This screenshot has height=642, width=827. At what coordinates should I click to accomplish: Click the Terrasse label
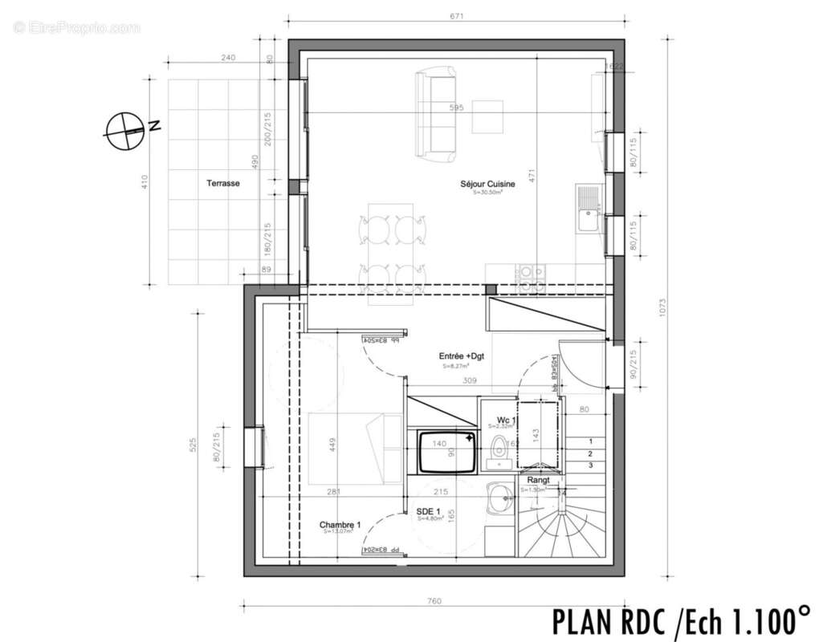(x=222, y=183)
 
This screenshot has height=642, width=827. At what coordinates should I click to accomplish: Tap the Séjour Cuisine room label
(x=487, y=184)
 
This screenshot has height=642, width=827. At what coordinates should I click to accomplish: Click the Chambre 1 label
(x=340, y=525)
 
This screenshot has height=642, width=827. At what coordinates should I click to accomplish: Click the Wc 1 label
(x=506, y=420)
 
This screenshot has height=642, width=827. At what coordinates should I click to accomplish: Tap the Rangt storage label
(x=538, y=480)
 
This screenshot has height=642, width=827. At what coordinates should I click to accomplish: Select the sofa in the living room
(x=434, y=114)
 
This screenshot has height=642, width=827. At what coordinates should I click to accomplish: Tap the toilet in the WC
(x=500, y=450)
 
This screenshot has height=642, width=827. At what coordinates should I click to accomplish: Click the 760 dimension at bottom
(x=434, y=601)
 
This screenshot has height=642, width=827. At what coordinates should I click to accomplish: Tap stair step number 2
(x=591, y=453)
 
